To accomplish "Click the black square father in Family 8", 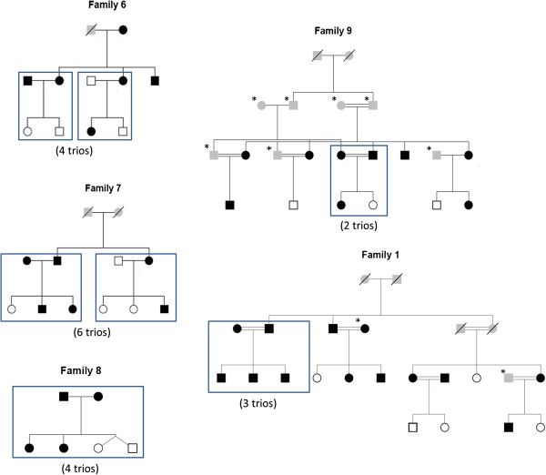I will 65,397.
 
